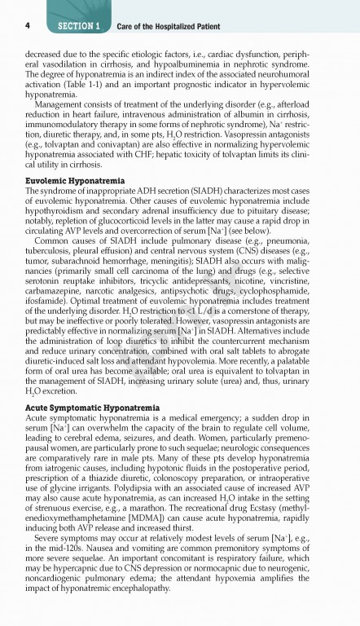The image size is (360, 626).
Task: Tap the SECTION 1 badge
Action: pos(79,26)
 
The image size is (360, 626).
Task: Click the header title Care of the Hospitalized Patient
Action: pos(168,27)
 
